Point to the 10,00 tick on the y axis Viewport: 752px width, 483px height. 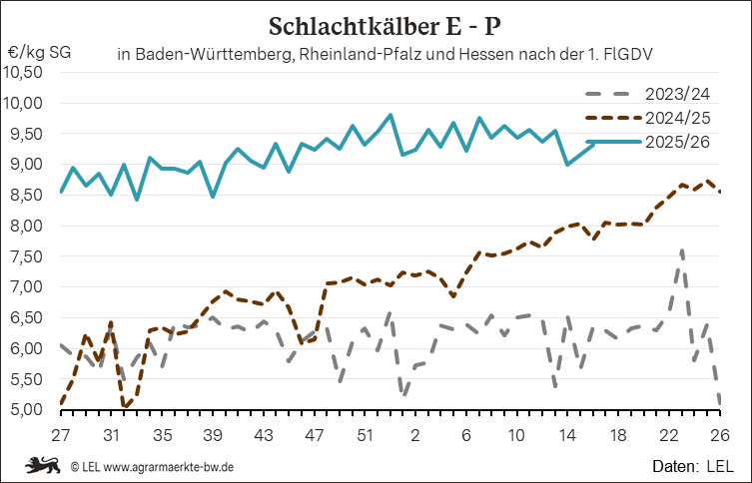point(24,103)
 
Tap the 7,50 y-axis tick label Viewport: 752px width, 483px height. point(24,256)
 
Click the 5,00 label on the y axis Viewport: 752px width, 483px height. point(24,409)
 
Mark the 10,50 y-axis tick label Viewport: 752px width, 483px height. point(24,72)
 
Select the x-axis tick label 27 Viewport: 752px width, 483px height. point(61,435)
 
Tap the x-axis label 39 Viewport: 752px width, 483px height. point(213,435)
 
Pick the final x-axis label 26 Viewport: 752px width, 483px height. point(720,435)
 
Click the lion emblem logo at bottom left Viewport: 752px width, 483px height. point(42,465)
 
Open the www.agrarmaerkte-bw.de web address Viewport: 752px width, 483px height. point(169,466)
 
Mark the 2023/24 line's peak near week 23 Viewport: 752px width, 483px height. point(681,250)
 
